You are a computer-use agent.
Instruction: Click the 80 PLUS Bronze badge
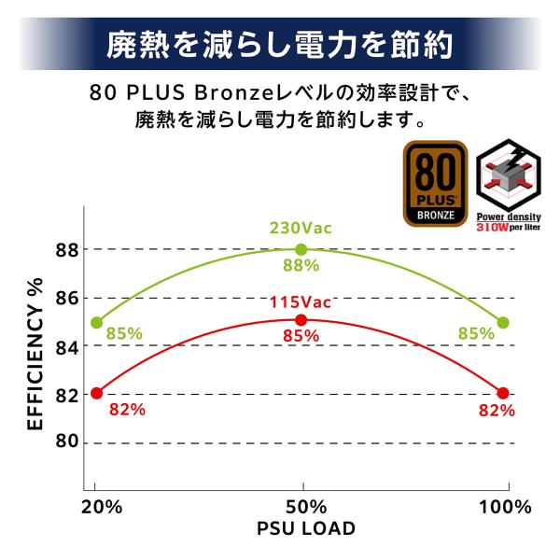tap(435, 184)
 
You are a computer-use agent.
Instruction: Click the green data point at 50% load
tap(301, 249)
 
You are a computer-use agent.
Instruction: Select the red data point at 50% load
tap(301, 320)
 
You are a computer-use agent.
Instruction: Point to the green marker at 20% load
tap(96, 322)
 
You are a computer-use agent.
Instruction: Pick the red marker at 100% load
tap(504, 393)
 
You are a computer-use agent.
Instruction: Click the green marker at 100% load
tap(504, 322)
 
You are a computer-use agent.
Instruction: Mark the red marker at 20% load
tap(96, 393)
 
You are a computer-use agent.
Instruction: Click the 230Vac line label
tap(301, 228)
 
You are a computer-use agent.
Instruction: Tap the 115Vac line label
tap(301, 301)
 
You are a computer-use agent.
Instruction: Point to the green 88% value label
tap(301, 265)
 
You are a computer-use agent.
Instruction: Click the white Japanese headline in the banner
tap(280, 44)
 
